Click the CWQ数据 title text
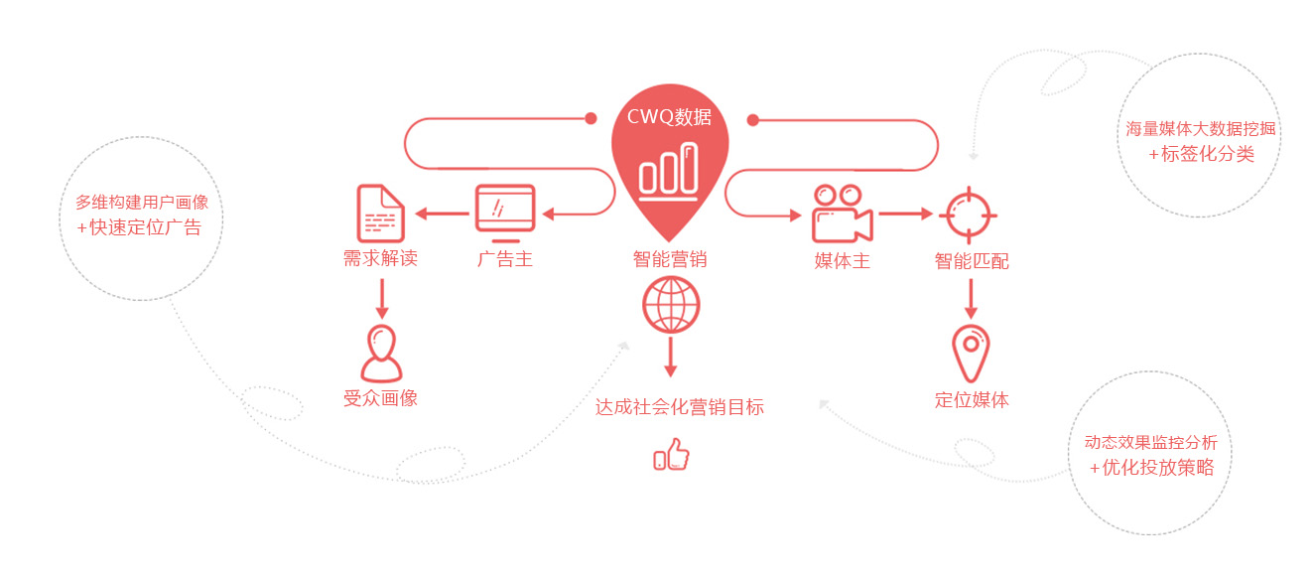(669, 117)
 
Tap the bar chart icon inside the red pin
(669, 169)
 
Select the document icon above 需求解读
(380, 213)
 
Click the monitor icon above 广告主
(505, 213)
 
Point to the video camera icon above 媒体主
(842, 214)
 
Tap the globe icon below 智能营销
(670, 304)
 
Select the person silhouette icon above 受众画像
(381, 354)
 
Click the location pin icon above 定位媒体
(971, 353)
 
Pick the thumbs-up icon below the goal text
(671, 455)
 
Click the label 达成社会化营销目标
(680, 407)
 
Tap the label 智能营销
(670, 261)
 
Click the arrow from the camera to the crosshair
(905, 213)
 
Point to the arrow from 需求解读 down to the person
(381, 298)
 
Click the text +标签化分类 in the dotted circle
(1201, 154)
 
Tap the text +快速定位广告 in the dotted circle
(139, 227)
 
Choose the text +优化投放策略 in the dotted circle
(1151, 468)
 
